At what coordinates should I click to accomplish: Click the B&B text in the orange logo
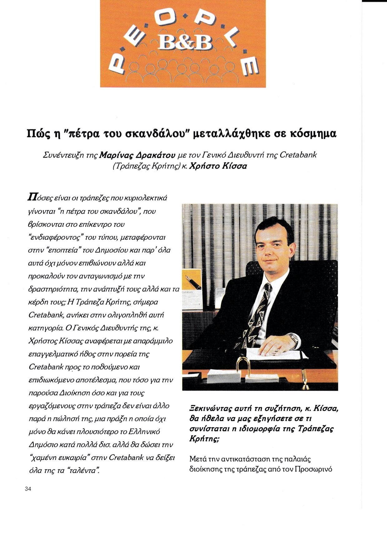(183, 43)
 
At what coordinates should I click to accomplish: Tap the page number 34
(28, 489)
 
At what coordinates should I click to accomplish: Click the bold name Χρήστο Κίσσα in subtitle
(218, 166)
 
